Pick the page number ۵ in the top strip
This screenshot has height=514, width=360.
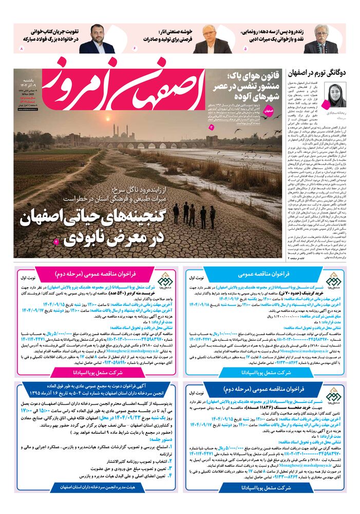point(245,48)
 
